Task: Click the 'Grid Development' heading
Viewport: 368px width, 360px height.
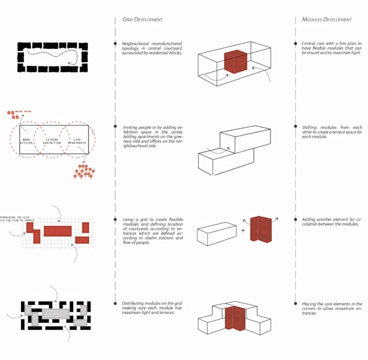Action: (143, 19)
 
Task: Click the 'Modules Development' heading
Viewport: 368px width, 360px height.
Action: (327, 19)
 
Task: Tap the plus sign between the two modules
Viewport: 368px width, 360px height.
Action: (242, 230)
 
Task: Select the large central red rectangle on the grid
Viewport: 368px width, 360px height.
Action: (57, 231)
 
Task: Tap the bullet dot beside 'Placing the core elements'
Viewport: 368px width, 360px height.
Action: (295, 304)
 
